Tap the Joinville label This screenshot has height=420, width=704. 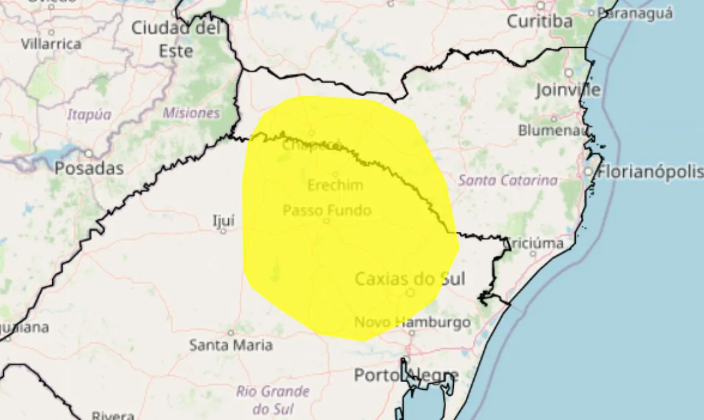(568, 90)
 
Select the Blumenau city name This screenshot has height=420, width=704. (553, 130)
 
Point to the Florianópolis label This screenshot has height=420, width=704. (650, 172)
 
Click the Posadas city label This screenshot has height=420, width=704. (89, 168)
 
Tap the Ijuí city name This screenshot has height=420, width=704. (223, 220)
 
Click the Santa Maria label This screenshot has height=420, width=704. (231, 345)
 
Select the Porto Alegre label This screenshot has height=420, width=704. (406, 376)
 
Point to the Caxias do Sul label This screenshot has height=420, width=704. (410, 279)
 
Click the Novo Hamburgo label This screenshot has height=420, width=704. (413, 322)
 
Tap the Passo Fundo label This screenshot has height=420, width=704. (327, 210)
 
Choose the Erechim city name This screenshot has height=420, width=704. (335, 185)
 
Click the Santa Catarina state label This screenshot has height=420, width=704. (508, 180)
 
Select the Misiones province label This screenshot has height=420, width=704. (191, 113)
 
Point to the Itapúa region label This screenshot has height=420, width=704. (89, 114)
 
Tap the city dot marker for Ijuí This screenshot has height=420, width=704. (223, 231)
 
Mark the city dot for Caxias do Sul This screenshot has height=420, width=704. (410, 293)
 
